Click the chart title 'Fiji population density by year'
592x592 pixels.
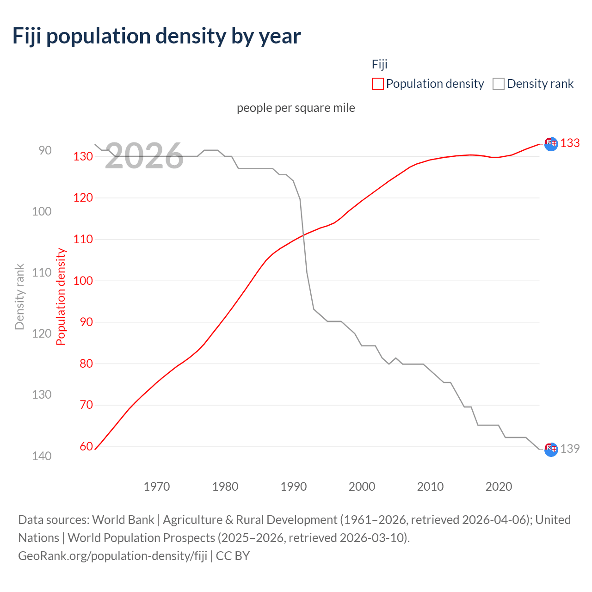[x=156, y=36]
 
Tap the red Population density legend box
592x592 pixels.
[x=377, y=84]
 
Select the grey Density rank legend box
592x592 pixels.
[x=498, y=84]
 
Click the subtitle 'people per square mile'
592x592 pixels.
[x=296, y=108]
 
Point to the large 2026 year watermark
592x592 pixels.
[x=144, y=156]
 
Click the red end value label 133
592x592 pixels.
[x=570, y=143]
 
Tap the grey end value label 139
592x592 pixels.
[x=570, y=449]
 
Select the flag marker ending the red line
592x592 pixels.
[x=551, y=144]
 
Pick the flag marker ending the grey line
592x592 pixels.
[x=551, y=449]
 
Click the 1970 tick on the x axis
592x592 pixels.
[x=157, y=487]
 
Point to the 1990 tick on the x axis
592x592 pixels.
[x=294, y=487]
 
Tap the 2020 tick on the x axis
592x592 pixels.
[x=499, y=487]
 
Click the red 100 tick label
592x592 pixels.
[x=83, y=281]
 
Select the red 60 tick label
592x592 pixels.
[x=86, y=446]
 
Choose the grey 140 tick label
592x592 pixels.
[x=42, y=456]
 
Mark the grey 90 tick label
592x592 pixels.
[x=45, y=150]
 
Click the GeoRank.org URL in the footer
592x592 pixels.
[x=112, y=556]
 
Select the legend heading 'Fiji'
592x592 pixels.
[x=379, y=64]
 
